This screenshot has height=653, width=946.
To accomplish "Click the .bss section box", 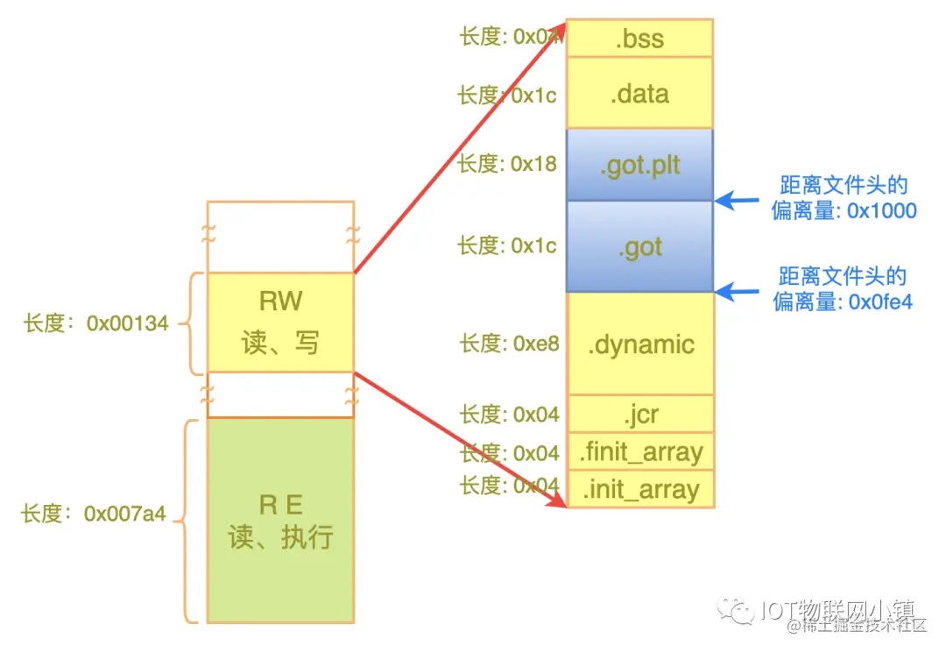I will (640, 39).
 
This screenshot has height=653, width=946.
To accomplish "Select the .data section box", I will (640, 94).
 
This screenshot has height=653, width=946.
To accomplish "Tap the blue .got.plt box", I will (640, 166).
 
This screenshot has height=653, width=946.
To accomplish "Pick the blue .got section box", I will (640, 247).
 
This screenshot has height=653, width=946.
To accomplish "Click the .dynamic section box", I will (640, 344).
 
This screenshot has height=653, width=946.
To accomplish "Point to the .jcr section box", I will (640, 414).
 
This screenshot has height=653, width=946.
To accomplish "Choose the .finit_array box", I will (640, 452).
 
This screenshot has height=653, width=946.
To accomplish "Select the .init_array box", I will (640, 489).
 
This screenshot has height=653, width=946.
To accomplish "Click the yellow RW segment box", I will (280, 322).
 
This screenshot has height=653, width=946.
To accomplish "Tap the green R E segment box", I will (280, 520).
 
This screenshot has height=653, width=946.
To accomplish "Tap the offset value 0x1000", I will (881, 211).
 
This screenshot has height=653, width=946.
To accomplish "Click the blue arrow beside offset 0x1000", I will (735, 201).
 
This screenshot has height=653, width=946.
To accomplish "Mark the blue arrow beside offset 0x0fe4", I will (735, 290).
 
